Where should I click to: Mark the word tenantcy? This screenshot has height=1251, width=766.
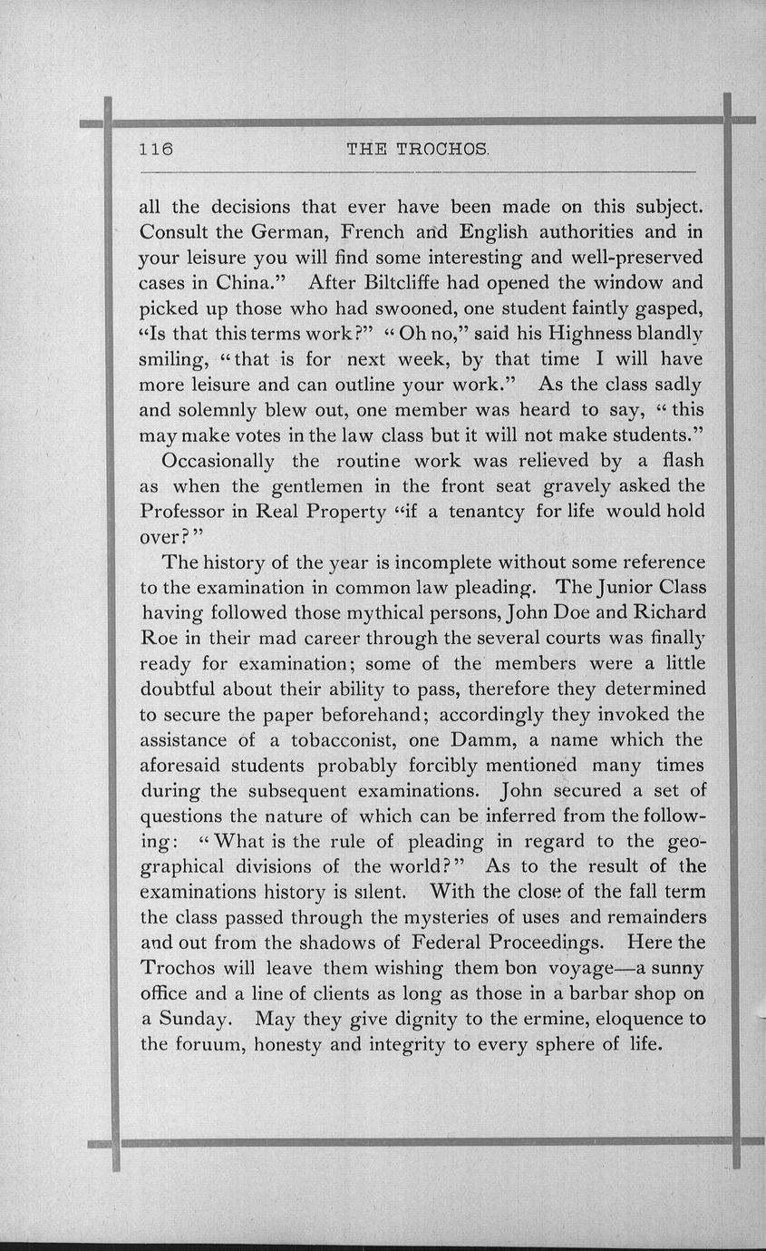coord(486,511)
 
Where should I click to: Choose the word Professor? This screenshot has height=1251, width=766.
coord(184,511)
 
